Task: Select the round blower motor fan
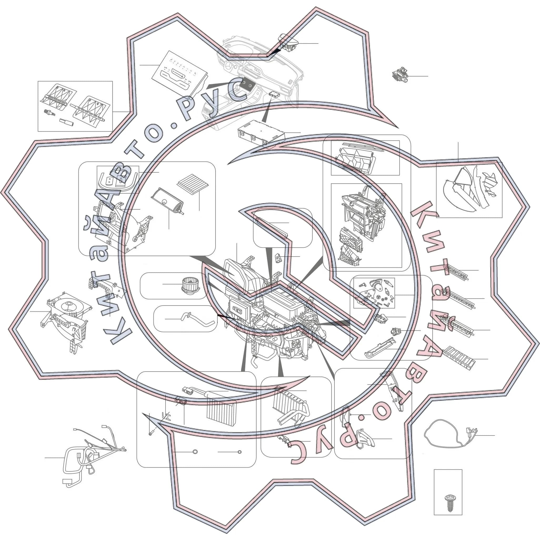190,285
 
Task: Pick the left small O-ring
195,452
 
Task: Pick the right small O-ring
239,452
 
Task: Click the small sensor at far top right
400,75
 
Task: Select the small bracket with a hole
278,257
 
